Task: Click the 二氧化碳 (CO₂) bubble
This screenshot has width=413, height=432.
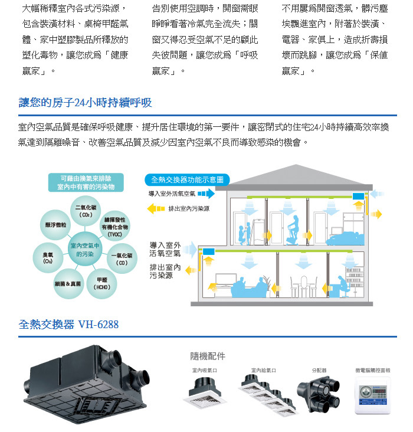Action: click(x=86, y=211)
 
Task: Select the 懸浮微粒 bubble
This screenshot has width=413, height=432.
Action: click(x=55, y=225)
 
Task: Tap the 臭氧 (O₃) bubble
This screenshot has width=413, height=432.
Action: click(x=48, y=258)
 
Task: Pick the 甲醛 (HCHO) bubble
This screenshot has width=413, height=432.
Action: click(x=101, y=284)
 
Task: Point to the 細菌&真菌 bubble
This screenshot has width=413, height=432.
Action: click(x=68, y=284)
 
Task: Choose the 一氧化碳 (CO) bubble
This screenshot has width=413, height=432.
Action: click(x=122, y=258)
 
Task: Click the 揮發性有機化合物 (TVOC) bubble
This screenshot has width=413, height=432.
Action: click(x=114, y=227)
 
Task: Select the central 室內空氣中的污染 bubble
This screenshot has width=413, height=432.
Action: click(x=85, y=249)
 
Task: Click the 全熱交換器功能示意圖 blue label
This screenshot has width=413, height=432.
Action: click(x=187, y=180)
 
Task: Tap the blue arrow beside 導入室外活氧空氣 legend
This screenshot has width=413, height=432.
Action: click(x=206, y=194)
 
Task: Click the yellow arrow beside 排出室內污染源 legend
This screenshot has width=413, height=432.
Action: click(x=156, y=208)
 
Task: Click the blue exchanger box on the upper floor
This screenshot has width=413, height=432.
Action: click(x=359, y=196)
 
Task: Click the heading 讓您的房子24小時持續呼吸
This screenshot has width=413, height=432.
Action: click(x=85, y=103)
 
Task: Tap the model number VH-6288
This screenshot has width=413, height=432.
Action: click(x=99, y=324)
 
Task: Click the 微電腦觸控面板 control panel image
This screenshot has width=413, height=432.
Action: click(x=373, y=395)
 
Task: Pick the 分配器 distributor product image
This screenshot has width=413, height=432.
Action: click(x=318, y=394)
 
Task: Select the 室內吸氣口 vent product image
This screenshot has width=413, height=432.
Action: click(x=204, y=391)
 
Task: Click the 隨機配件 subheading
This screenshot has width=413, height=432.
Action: click(x=208, y=356)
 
